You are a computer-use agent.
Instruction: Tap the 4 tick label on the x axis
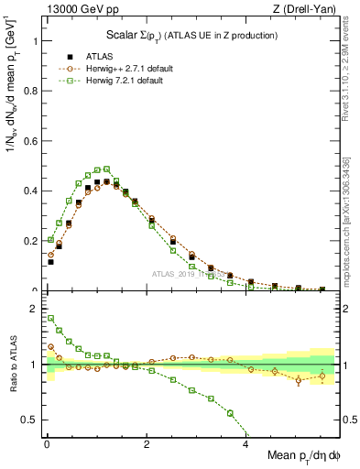click(245, 444)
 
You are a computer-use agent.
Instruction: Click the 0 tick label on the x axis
click(46, 444)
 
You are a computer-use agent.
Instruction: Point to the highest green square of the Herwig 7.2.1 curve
click(106, 169)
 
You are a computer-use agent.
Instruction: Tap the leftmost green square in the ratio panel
click(50, 319)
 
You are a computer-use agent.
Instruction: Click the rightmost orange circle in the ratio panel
click(322, 376)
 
